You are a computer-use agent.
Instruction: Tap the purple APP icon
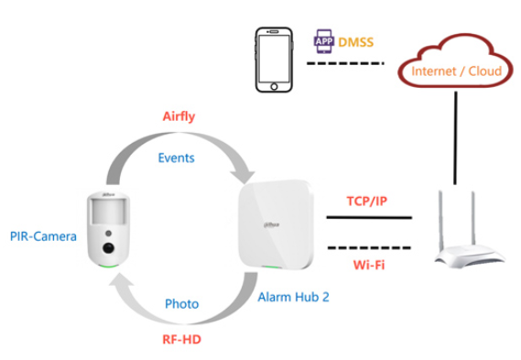(x=322, y=40)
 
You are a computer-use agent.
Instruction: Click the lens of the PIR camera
(x=109, y=245)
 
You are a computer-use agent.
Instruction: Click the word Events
(x=177, y=158)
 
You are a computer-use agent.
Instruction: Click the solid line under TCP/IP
(x=368, y=218)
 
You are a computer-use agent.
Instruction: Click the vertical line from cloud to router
(x=454, y=137)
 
